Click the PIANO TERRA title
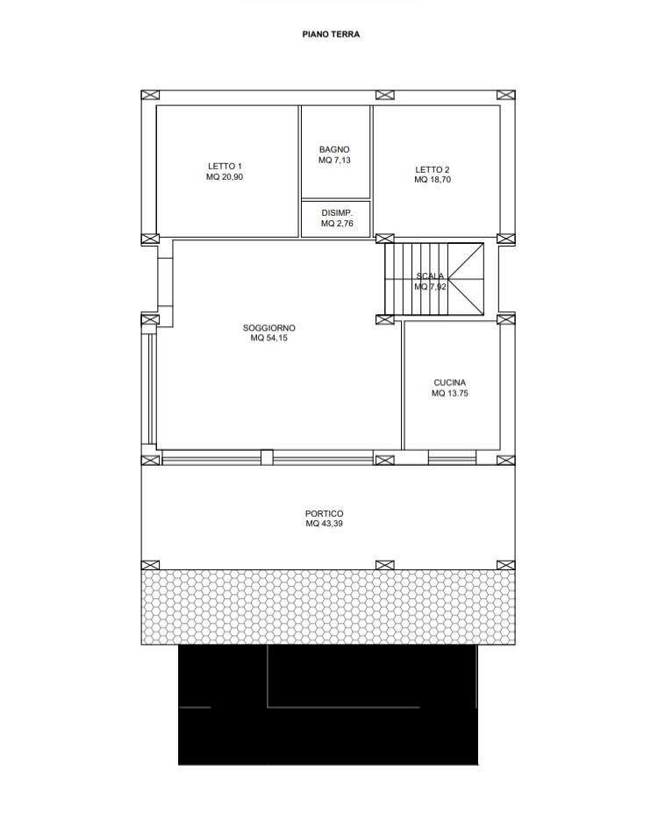point(331,34)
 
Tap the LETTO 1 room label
point(225,167)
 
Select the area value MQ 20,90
point(225,177)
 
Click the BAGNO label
point(334,150)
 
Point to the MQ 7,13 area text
point(334,161)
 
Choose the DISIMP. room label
point(337,213)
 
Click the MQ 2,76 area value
point(337,224)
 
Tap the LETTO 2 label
point(433,169)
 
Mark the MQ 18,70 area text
point(433,180)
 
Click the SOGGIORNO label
point(269,328)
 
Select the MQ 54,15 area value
point(269,338)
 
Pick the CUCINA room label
point(449,382)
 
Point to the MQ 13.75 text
point(449,393)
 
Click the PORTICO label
point(325,513)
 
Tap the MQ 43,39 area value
point(325,524)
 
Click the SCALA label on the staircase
point(430,276)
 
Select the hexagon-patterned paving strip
point(328,607)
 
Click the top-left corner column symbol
point(150,95)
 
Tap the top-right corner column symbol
point(506,95)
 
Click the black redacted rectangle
point(328,704)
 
